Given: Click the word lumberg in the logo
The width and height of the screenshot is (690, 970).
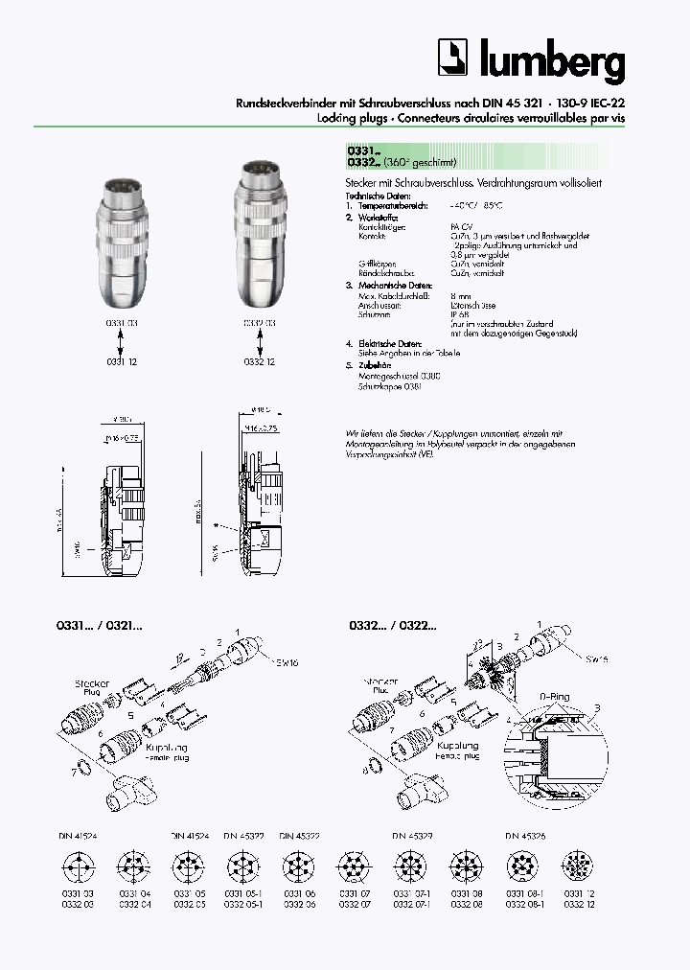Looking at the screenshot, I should tap(548, 62).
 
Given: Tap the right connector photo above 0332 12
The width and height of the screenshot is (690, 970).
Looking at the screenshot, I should tap(258, 244).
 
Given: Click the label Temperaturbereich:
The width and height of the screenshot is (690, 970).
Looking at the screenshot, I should tap(392, 206).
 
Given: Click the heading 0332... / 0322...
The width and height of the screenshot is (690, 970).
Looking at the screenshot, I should tap(387, 625).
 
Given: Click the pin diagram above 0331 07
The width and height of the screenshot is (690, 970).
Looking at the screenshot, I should tap(353, 867).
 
